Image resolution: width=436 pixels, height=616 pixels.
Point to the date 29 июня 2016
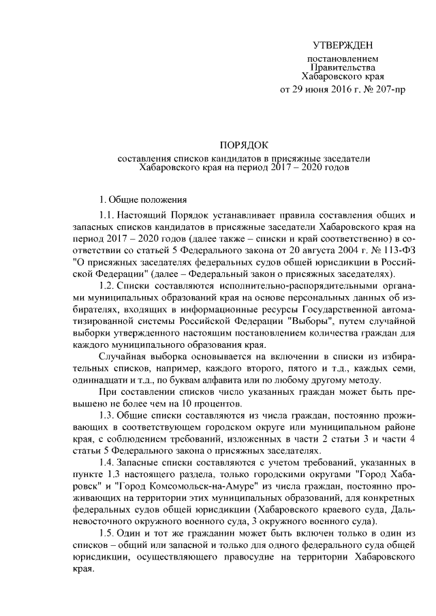314,91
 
